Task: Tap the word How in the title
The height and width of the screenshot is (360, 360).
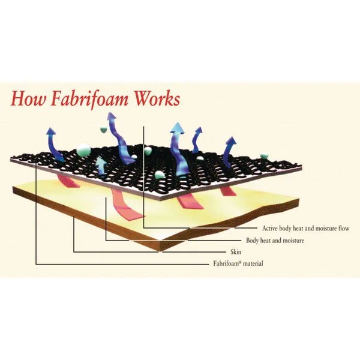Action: [x=28, y=99]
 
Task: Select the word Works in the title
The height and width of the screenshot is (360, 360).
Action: [x=157, y=99]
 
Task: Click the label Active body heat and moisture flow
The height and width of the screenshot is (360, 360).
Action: [x=305, y=229]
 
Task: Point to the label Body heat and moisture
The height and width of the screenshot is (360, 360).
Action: [x=275, y=241]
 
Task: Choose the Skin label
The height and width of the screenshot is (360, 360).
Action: [x=236, y=252]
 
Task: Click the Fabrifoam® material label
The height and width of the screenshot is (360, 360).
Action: [x=238, y=263]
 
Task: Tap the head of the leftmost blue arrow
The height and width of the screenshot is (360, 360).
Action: [x=51, y=131]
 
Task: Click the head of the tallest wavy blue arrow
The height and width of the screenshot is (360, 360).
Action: [x=112, y=116]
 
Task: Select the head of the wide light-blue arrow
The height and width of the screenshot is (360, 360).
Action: [x=178, y=128]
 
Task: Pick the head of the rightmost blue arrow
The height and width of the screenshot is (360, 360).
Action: [x=232, y=141]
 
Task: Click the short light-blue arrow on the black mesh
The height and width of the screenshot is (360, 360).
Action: [x=101, y=166]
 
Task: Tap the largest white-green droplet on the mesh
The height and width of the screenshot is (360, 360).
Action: [x=83, y=150]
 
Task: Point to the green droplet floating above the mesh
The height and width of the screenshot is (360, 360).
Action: [x=104, y=130]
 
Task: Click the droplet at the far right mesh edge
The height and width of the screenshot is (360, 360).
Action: [x=264, y=156]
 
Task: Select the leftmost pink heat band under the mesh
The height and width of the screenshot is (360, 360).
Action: [x=68, y=181]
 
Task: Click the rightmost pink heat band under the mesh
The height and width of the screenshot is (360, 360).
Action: [x=228, y=191]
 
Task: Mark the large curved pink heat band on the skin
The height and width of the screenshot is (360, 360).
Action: [x=127, y=205]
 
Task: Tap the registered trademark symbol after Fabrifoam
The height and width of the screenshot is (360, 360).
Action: [x=240, y=262]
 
